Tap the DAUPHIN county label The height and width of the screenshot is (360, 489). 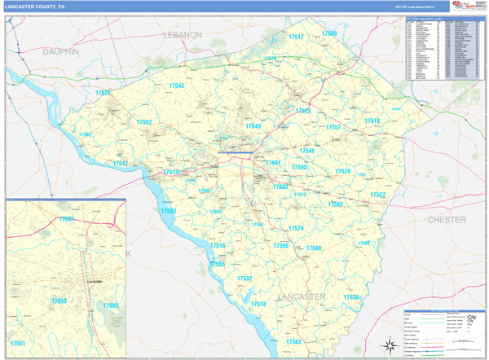(x=61, y=51)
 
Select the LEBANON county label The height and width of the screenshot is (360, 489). (x=182, y=35)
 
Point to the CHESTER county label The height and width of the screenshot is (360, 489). (x=447, y=220)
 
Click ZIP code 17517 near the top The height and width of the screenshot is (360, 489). (x=296, y=37)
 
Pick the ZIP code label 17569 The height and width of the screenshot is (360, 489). (x=328, y=33)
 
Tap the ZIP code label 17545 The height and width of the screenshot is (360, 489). (x=176, y=86)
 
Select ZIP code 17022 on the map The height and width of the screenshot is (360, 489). (x=103, y=93)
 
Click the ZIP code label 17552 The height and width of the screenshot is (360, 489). (x=144, y=122)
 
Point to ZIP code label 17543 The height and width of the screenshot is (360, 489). (x=253, y=126)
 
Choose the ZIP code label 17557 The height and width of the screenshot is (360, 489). (x=333, y=128)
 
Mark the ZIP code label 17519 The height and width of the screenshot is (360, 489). (x=372, y=121)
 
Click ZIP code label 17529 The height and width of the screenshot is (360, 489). (x=342, y=172)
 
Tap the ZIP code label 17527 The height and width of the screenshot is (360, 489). (x=377, y=195)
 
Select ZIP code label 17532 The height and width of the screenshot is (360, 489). (x=244, y=279)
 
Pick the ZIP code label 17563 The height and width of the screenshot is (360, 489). (x=293, y=341)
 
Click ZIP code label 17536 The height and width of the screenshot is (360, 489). (x=350, y=297)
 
